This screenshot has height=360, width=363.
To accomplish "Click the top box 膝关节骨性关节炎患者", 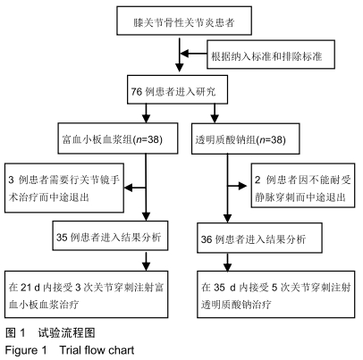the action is (x=184, y=21).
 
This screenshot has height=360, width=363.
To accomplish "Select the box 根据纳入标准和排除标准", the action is (x=271, y=54).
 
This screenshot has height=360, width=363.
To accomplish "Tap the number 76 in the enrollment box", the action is (x=137, y=91).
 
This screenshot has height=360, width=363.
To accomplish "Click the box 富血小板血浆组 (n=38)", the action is (x=118, y=138).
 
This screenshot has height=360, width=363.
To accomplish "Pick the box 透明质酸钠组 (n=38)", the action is (x=246, y=138).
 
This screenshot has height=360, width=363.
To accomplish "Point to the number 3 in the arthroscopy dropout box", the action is (x=12, y=180).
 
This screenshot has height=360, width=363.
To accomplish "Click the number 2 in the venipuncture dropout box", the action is (x=257, y=180).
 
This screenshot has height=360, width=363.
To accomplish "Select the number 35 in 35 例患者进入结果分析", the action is (x=62, y=238).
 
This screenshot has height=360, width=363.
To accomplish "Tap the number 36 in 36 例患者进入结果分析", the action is (x=207, y=239).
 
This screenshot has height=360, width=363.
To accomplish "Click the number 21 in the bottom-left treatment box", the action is (x=26, y=287).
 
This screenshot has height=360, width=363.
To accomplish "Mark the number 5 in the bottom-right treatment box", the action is (x=274, y=288).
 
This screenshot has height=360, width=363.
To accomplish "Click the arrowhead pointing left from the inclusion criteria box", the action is (x=185, y=54).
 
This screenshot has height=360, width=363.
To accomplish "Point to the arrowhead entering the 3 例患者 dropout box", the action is (x=128, y=188).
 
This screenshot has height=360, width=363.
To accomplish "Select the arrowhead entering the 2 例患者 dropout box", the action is (x=242, y=186).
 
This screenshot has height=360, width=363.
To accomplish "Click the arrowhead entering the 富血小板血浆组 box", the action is (x=146, y=119).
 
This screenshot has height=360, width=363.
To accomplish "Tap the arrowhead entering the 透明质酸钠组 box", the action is (x=215, y=119).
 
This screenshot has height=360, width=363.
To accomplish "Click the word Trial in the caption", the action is (x=71, y=350).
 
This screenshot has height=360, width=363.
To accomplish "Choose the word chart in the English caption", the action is (x=122, y=350).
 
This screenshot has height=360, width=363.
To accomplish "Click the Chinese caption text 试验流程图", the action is (x=66, y=332).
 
